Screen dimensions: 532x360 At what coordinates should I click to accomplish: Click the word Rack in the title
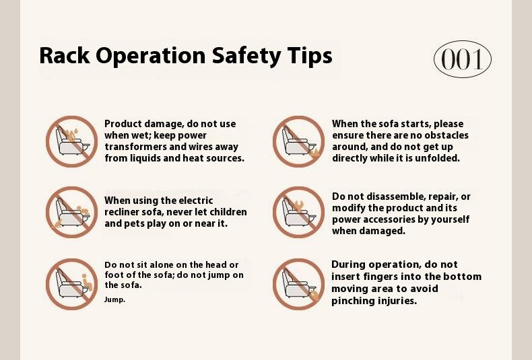(65, 55)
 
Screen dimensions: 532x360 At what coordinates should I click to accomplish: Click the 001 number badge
(463, 59)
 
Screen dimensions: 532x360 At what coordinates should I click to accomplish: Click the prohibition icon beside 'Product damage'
(71, 141)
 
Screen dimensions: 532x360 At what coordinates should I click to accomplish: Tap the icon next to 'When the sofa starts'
(298, 141)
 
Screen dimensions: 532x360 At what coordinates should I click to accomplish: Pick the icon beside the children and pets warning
(71, 212)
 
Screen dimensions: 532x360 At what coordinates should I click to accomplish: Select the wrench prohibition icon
(298, 212)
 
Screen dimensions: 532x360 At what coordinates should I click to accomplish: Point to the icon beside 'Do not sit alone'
(71, 284)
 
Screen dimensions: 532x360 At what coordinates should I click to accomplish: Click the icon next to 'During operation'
(298, 284)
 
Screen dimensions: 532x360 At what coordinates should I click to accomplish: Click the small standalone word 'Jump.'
(114, 299)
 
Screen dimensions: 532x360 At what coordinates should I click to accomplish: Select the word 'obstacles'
(446, 135)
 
